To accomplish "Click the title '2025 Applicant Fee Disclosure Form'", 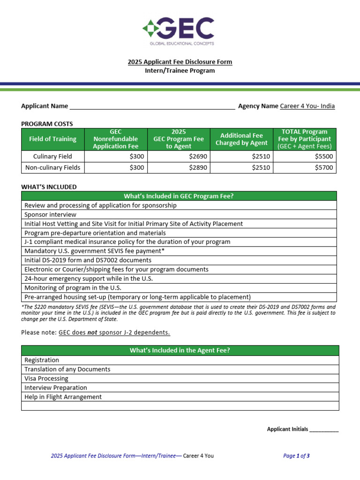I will [x=180, y=62].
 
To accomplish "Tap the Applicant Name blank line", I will [x=152, y=106].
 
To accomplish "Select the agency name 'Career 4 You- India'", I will [x=307, y=106].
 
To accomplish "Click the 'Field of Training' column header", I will [x=52, y=139].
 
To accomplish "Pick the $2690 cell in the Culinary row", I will [x=179, y=156].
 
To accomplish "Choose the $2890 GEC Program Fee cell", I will [x=179, y=167].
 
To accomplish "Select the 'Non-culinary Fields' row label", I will [x=52, y=167].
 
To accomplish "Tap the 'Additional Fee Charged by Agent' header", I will [x=241, y=139].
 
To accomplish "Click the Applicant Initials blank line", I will [x=324, y=429].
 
